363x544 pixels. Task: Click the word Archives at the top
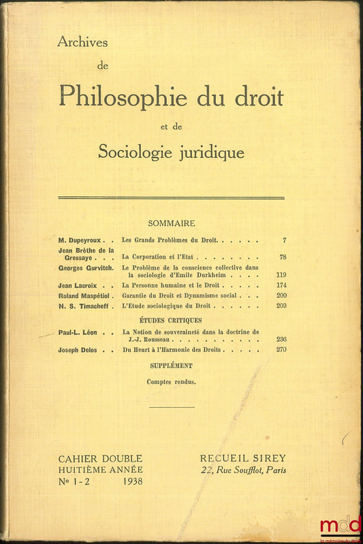coord(82,43)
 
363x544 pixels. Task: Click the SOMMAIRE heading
coord(171,223)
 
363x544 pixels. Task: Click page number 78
coord(282,257)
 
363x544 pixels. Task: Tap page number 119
coord(280,275)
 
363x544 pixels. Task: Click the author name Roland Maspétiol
coord(84,296)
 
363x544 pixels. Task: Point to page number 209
coord(281,307)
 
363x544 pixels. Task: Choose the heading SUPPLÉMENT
coord(170,366)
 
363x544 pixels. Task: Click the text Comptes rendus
coord(171,382)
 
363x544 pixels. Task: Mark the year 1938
coord(129,481)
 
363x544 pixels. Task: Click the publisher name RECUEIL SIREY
coord(242,458)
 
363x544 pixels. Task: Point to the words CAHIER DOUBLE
coord(101,458)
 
